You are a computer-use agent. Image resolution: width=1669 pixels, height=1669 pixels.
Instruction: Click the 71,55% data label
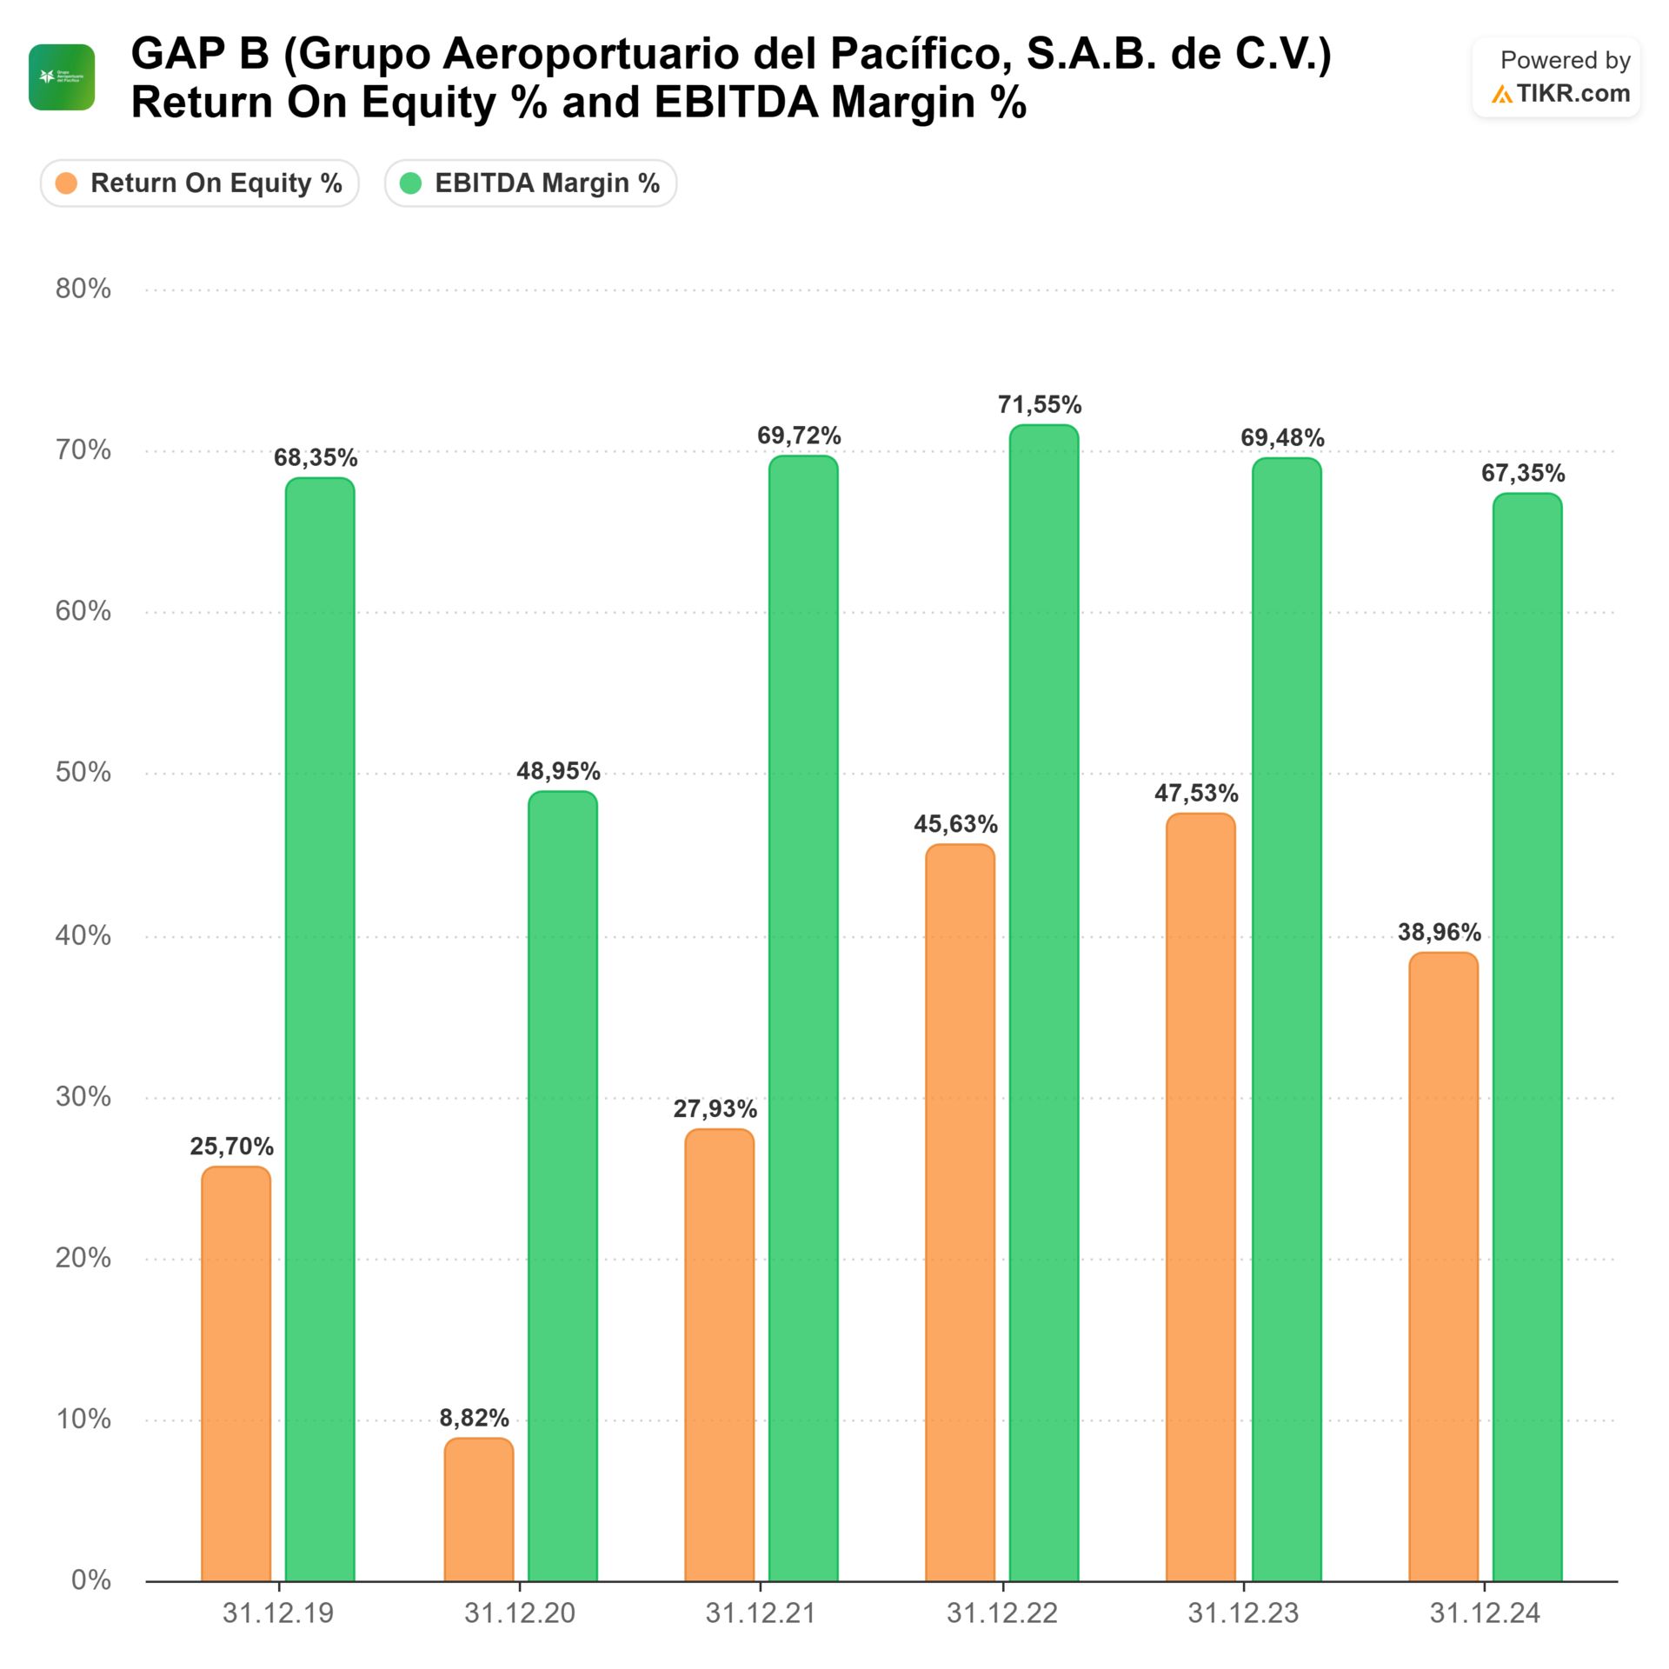(1040, 405)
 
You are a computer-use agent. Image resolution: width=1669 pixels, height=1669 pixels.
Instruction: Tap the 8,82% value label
(474, 1418)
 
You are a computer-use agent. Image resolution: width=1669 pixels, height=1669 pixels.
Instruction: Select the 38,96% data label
(1439, 933)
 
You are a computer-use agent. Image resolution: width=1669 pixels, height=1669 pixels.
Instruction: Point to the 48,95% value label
(558, 771)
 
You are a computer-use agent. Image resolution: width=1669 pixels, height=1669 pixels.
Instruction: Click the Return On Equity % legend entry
(200, 183)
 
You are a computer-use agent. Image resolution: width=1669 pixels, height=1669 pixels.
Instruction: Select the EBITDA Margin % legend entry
(530, 183)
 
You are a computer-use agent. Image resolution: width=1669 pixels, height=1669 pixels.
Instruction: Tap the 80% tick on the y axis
(83, 289)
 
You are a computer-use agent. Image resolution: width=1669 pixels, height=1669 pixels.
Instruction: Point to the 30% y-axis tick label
(83, 1096)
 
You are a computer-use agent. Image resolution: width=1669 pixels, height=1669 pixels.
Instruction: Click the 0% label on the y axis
(90, 1579)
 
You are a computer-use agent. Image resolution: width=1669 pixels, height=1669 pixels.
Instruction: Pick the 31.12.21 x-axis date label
(761, 1613)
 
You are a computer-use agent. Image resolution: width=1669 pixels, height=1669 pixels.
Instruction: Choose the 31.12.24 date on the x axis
(1485, 1613)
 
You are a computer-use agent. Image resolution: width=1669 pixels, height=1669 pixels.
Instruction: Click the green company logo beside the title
(62, 77)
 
